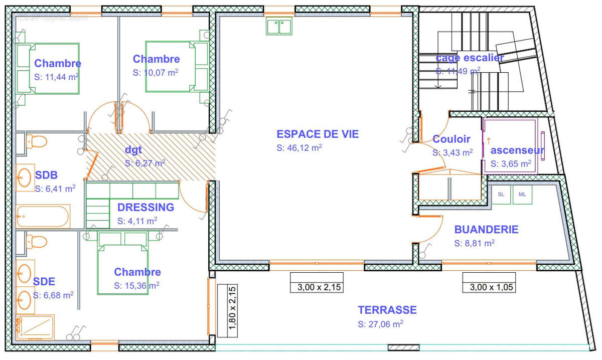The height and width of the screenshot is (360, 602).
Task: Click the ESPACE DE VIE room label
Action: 318,134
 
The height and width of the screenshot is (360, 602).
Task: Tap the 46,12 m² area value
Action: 299,148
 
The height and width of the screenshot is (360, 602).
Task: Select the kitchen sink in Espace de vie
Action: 279,26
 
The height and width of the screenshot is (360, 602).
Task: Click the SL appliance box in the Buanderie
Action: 501,195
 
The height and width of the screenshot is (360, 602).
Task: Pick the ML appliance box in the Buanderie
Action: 522,195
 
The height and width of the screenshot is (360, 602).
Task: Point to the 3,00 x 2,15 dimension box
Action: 317,287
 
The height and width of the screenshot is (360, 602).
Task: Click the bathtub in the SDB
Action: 43,217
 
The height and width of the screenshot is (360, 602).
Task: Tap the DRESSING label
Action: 145,207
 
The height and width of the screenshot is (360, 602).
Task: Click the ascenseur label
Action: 517,150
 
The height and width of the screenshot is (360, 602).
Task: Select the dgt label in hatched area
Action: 133,149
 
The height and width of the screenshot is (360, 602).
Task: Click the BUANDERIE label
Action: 486,230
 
